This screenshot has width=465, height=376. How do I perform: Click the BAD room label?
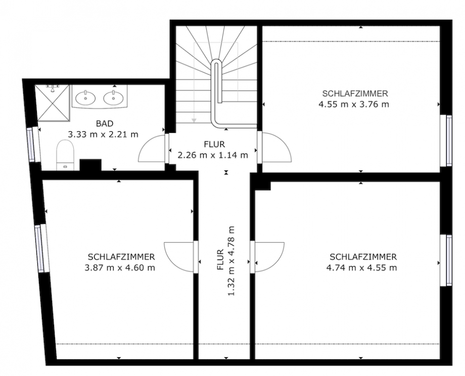(x=104, y=123)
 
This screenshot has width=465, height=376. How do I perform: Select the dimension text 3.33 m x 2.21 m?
(x=103, y=134)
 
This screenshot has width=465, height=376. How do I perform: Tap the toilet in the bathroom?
(x=65, y=155)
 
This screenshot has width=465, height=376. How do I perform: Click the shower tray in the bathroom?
(x=52, y=104)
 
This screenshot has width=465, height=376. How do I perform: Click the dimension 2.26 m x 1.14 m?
(x=213, y=155)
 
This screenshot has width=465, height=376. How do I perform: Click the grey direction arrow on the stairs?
(x=193, y=119)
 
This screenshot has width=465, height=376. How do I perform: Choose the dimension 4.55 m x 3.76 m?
(x=354, y=105)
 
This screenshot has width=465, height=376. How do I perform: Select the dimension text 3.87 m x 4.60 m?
(x=121, y=267)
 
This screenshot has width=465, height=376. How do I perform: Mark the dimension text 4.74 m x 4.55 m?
(x=362, y=267)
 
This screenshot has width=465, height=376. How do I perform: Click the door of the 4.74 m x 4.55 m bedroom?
(x=268, y=257)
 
